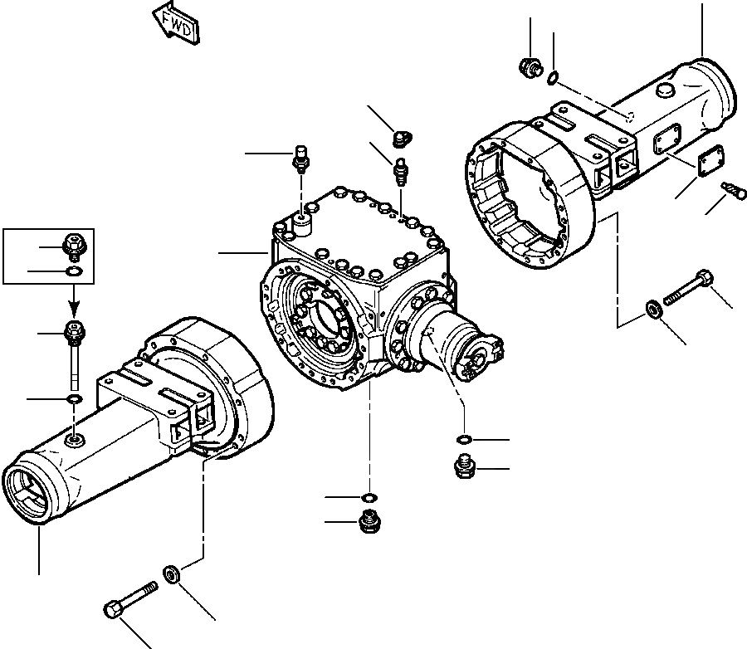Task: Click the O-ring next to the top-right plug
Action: (552, 79)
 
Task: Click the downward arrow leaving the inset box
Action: (73, 295)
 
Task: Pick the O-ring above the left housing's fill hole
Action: (73, 402)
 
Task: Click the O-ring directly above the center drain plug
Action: (366, 497)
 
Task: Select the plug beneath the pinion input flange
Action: (463, 469)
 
